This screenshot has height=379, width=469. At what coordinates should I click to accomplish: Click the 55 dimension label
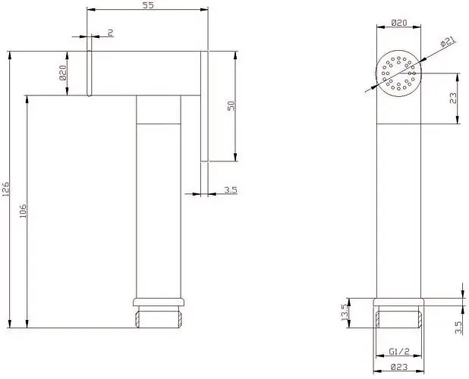148,5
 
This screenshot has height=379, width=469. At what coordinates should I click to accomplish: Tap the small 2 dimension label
110,33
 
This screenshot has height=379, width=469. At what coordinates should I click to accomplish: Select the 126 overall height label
5,189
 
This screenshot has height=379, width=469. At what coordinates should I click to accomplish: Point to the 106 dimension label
23,211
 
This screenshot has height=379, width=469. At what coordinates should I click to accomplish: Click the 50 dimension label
231,105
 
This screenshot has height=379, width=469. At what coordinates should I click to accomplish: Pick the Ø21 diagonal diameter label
448,42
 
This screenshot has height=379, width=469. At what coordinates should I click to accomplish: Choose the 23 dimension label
454,99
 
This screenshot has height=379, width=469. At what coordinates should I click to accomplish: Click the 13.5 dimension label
345,312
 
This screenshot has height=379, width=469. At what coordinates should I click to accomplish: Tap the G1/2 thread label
399,351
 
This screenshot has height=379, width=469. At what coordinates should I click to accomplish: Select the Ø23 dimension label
399,366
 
